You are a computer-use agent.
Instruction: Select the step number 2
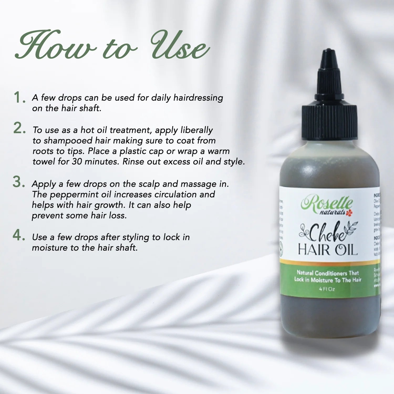click(x=19, y=128)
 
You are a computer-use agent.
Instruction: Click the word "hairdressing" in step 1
click(x=198, y=98)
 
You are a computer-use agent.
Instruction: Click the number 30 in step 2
click(x=77, y=162)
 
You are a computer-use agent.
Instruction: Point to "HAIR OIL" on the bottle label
click(x=327, y=250)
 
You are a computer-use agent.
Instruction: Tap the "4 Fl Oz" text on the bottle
click(x=327, y=289)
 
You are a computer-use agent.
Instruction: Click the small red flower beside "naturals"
click(x=348, y=213)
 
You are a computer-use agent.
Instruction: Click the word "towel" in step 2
click(x=44, y=162)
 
